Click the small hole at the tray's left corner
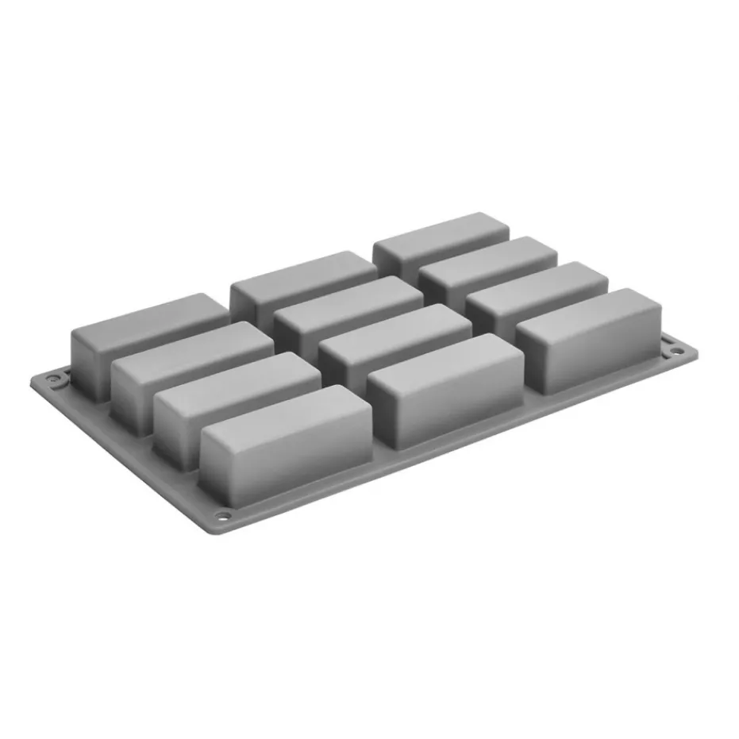[x=54, y=381]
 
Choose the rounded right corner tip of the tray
[x=695, y=349]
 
